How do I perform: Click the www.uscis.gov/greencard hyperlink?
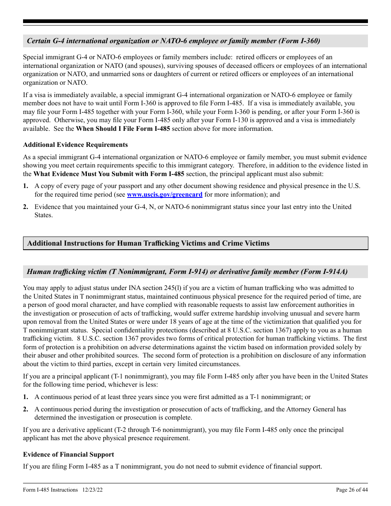165,195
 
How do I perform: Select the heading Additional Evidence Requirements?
75,145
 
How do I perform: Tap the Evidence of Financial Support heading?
68,455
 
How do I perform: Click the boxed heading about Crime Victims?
148,243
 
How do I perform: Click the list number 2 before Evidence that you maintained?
26,207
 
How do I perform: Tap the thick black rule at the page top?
195,21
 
